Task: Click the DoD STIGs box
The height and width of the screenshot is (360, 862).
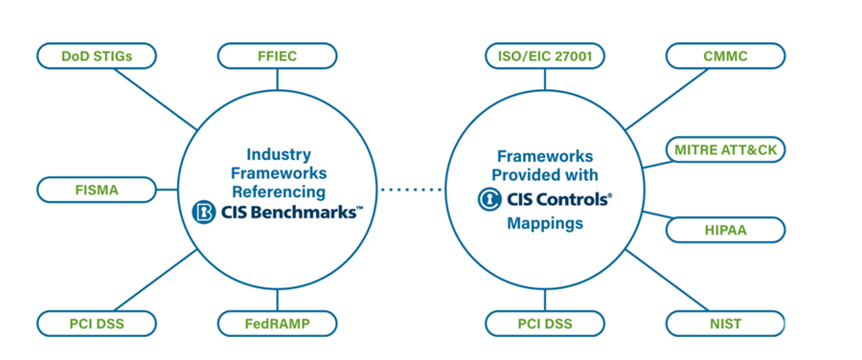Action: [97, 56]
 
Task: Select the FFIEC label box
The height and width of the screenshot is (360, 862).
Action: [277, 56]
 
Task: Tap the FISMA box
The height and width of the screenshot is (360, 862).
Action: [97, 190]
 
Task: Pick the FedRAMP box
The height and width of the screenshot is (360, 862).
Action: [277, 324]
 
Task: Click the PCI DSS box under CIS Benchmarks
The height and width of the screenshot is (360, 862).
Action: [97, 324]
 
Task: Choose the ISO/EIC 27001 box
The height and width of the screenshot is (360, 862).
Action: [545, 56]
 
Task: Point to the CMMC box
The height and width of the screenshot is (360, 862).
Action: [726, 56]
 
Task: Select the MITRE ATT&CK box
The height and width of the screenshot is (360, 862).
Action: [726, 150]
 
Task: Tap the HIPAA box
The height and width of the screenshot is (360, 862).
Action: [726, 230]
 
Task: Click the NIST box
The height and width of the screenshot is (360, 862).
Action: [726, 324]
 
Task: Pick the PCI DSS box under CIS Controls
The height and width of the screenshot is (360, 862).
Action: [545, 324]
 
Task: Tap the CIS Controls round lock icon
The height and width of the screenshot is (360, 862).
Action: [488, 199]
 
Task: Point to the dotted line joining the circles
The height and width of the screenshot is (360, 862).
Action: [411, 191]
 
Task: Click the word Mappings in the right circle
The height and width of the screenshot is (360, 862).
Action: [545, 224]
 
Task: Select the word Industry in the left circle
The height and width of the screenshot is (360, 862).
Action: [279, 154]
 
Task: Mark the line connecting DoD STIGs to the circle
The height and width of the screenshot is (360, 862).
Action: [155, 100]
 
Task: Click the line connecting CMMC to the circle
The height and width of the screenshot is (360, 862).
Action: [667, 100]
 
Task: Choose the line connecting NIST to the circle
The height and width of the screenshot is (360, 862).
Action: [667, 281]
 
